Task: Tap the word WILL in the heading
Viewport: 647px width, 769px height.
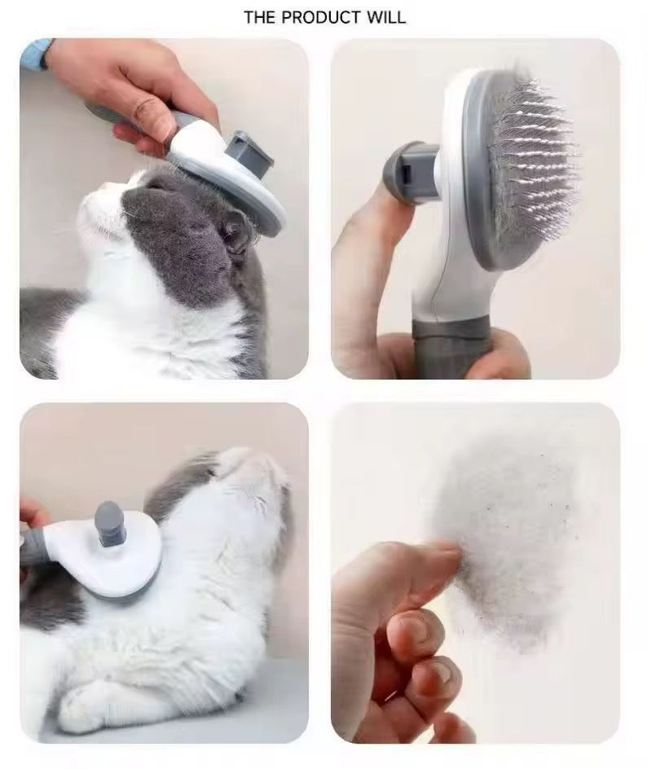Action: pos(385,17)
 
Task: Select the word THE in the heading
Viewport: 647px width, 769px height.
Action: pos(260,17)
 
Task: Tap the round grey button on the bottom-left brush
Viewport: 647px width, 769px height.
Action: pos(111,521)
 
